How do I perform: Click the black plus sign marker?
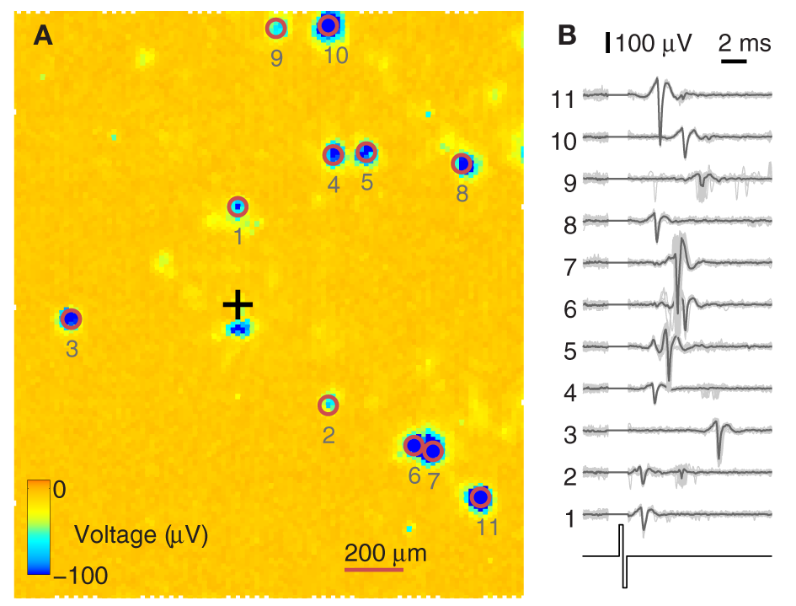[238, 303]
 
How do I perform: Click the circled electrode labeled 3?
[71, 319]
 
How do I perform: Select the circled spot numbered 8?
[461, 163]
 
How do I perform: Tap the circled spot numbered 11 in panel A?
[479, 497]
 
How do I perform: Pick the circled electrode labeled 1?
[238, 206]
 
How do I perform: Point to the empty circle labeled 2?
[328, 405]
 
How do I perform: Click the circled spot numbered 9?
[276, 29]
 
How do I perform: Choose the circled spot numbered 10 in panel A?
[329, 26]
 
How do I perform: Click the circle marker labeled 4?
[334, 155]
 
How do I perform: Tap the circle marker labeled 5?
[366, 153]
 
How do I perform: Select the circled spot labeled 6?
[414, 445]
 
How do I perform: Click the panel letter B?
[568, 35]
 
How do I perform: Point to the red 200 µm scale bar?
[374, 570]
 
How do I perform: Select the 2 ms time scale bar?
[734, 61]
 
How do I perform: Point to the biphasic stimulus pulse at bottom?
[622, 555]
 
